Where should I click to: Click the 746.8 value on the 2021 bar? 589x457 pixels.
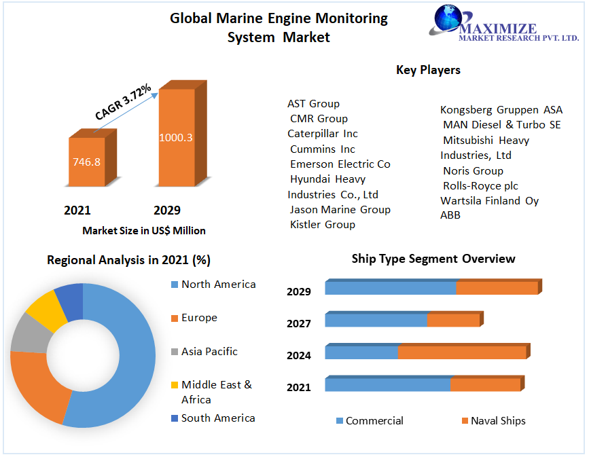click(86, 162)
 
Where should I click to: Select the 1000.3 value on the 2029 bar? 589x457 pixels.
click(176, 137)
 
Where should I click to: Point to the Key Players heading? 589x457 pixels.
click(428, 70)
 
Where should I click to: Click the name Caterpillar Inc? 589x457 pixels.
click(322, 134)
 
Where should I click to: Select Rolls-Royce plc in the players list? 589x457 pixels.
click(480, 185)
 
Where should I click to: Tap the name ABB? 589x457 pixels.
click(450, 215)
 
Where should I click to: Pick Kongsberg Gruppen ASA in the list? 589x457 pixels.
click(501, 110)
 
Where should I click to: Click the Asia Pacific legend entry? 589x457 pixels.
click(209, 352)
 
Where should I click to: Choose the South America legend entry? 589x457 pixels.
click(218, 418)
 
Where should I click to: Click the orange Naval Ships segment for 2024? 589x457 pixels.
click(461, 352)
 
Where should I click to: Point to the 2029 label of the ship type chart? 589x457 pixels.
click(299, 292)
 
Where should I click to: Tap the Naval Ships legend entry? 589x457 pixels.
click(498, 421)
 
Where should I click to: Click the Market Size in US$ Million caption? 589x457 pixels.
click(144, 231)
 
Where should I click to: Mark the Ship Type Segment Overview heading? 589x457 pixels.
click(433, 259)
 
